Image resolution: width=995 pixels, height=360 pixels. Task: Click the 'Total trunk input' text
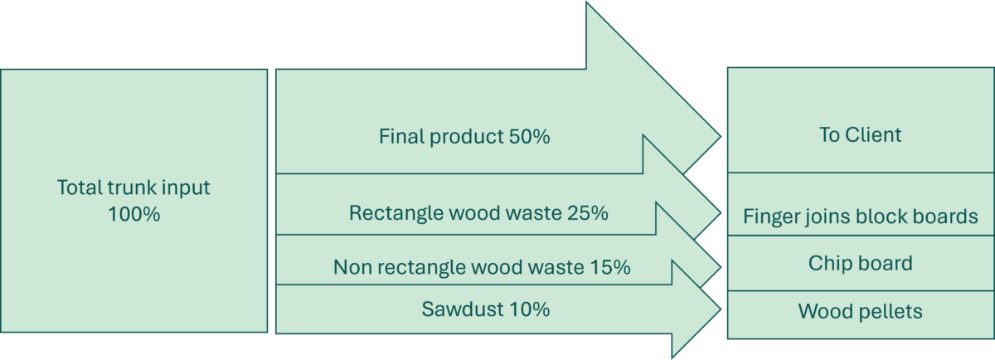(x=133, y=187)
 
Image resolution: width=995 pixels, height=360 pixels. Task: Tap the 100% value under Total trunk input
(x=133, y=214)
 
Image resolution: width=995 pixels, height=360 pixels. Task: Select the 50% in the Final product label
(x=528, y=137)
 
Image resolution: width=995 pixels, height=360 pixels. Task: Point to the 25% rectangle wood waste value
(x=587, y=213)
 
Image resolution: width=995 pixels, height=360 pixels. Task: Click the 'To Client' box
(x=860, y=135)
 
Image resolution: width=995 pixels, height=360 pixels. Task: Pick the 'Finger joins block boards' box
(x=860, y=217)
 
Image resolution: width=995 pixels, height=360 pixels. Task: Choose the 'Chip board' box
(x=860, y=264)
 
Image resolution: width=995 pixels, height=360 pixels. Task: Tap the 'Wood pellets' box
(x=860, y=312)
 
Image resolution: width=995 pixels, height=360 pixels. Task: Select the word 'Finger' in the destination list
(x=769, y=217)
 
